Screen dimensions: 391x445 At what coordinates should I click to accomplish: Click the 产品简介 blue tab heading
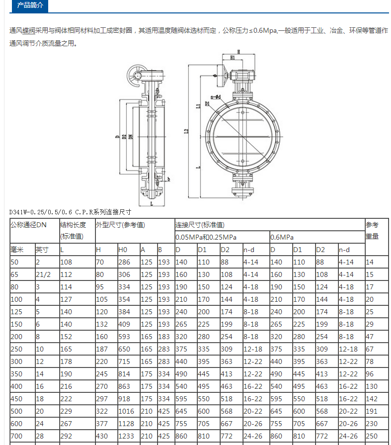click(x=30, y=5)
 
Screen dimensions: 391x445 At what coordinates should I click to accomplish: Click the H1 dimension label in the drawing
click(x=233, y=58)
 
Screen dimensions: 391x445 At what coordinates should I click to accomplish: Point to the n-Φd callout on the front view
click(x=216, y=97)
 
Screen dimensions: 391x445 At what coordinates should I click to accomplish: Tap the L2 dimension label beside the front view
click(x=186, y=131)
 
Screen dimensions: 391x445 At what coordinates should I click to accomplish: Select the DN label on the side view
click(x=131, y=137)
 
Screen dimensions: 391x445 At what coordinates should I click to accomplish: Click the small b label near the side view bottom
click(x=168, y=179)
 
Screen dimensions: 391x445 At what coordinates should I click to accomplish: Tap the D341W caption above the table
click(x=71, y=212)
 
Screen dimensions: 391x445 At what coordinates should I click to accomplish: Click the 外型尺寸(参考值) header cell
click(x=121, y=225)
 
